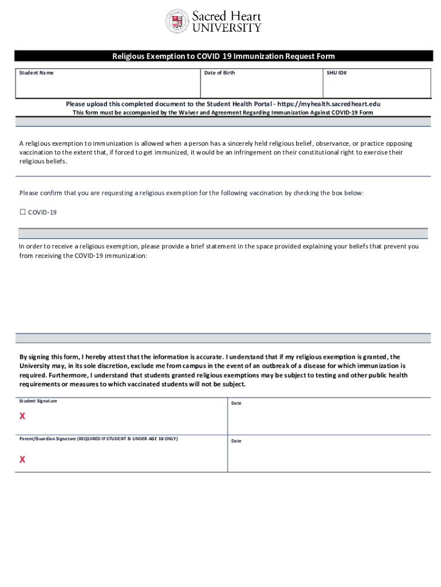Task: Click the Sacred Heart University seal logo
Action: pos(177,21)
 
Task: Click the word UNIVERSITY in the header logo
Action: pos(227,27)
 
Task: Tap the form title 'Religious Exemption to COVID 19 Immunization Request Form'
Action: pos(223,56)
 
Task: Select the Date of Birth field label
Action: pos(219,73)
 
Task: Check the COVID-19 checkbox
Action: pos(23,212)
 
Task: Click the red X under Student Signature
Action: pos(22,416)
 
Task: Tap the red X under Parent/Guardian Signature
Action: pos(22,459)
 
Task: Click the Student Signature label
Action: pos(38,401)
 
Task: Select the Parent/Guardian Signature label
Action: pos(99,439)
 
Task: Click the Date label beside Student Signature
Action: pos(236,403)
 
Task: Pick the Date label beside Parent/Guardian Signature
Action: pos(236,441)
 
